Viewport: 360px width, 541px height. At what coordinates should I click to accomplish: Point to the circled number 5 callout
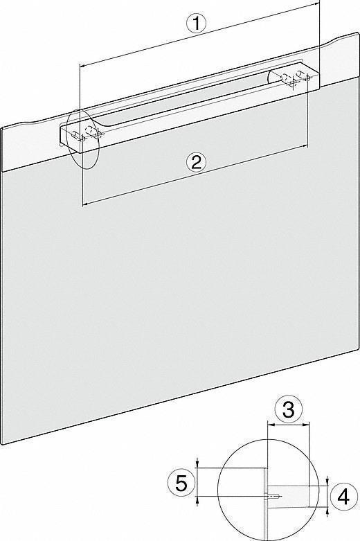[181, 483]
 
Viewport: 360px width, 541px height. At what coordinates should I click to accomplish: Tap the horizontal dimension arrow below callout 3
[288, 426]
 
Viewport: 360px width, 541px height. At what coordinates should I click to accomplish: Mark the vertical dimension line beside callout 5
[198, 484]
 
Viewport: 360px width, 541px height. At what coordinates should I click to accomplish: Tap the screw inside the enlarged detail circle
[275, 495]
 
